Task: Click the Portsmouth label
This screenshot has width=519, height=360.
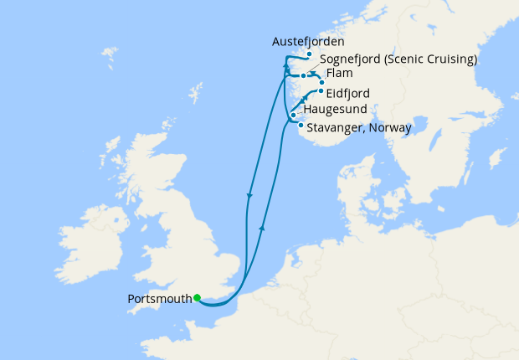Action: coord(159,299)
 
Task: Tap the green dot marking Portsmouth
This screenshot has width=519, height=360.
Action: coord(197,297)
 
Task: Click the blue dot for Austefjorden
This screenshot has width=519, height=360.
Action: coord(309,54)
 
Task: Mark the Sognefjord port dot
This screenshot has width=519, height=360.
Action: coord(304,75)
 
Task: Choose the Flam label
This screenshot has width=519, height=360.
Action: coord(341,75)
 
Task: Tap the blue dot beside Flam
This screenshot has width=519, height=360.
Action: coord(321,82)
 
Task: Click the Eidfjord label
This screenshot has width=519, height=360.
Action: coord(348,94)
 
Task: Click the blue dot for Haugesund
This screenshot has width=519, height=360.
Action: coord(293,115)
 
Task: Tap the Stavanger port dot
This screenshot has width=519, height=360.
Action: coord(300,125)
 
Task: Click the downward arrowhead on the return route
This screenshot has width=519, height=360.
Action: coord(249,197)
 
